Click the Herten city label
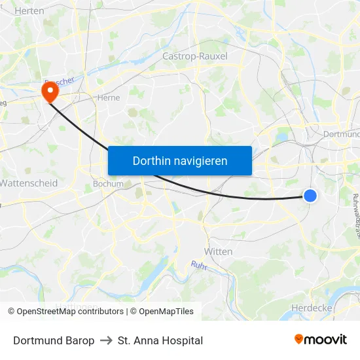29,11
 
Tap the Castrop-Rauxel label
195,56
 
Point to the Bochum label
109,184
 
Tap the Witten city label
218,251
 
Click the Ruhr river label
199,265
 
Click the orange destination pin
49,90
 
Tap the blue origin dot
310,195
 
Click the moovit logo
321,340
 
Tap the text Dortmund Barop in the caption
54,340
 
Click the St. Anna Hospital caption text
160,340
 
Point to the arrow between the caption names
106,340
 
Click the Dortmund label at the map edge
342,134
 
